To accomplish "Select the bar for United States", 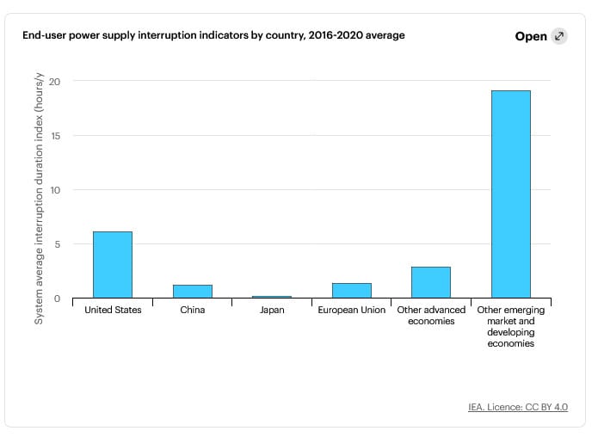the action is pyautogui.click(x=113, y=265).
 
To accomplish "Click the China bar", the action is pyautogui.click(x=193, y=292).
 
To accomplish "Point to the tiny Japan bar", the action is pyautogui.click(x=272, y=297).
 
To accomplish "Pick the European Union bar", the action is pyautogui.click(x=352, y=291).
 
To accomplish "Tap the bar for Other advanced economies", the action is pyautogui.click(x=431, y=282).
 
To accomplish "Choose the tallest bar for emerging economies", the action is pyautogui.click(x=510, y=194).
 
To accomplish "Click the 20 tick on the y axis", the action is pyautogui.click(x=55, y=82).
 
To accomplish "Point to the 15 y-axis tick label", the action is pyautogui.click(x=56, y=136).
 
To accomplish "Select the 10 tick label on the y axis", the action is pyautogui.click(x=55, y=190).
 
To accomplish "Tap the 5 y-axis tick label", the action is pyautogui.click(x=58, y=244).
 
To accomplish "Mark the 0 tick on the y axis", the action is pyautogui.click(x=57, y=299).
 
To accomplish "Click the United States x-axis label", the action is pyautogui.click(x=113, y=310).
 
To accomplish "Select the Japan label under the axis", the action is pyautogui.click(x=272, y=310).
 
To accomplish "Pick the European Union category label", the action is pyautogui.click(x=352, y=310).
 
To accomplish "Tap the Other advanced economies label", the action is pyautogui.click(x=431, y=316).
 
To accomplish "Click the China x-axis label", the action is pyautogui.click(x=193, y=310).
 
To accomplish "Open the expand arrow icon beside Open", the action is pyautogui.click(x=559, y=36).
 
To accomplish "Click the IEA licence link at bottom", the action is pyautogui.click(x=518, y=407).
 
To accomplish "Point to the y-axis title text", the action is pyautogui.click(x=40, y=199).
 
